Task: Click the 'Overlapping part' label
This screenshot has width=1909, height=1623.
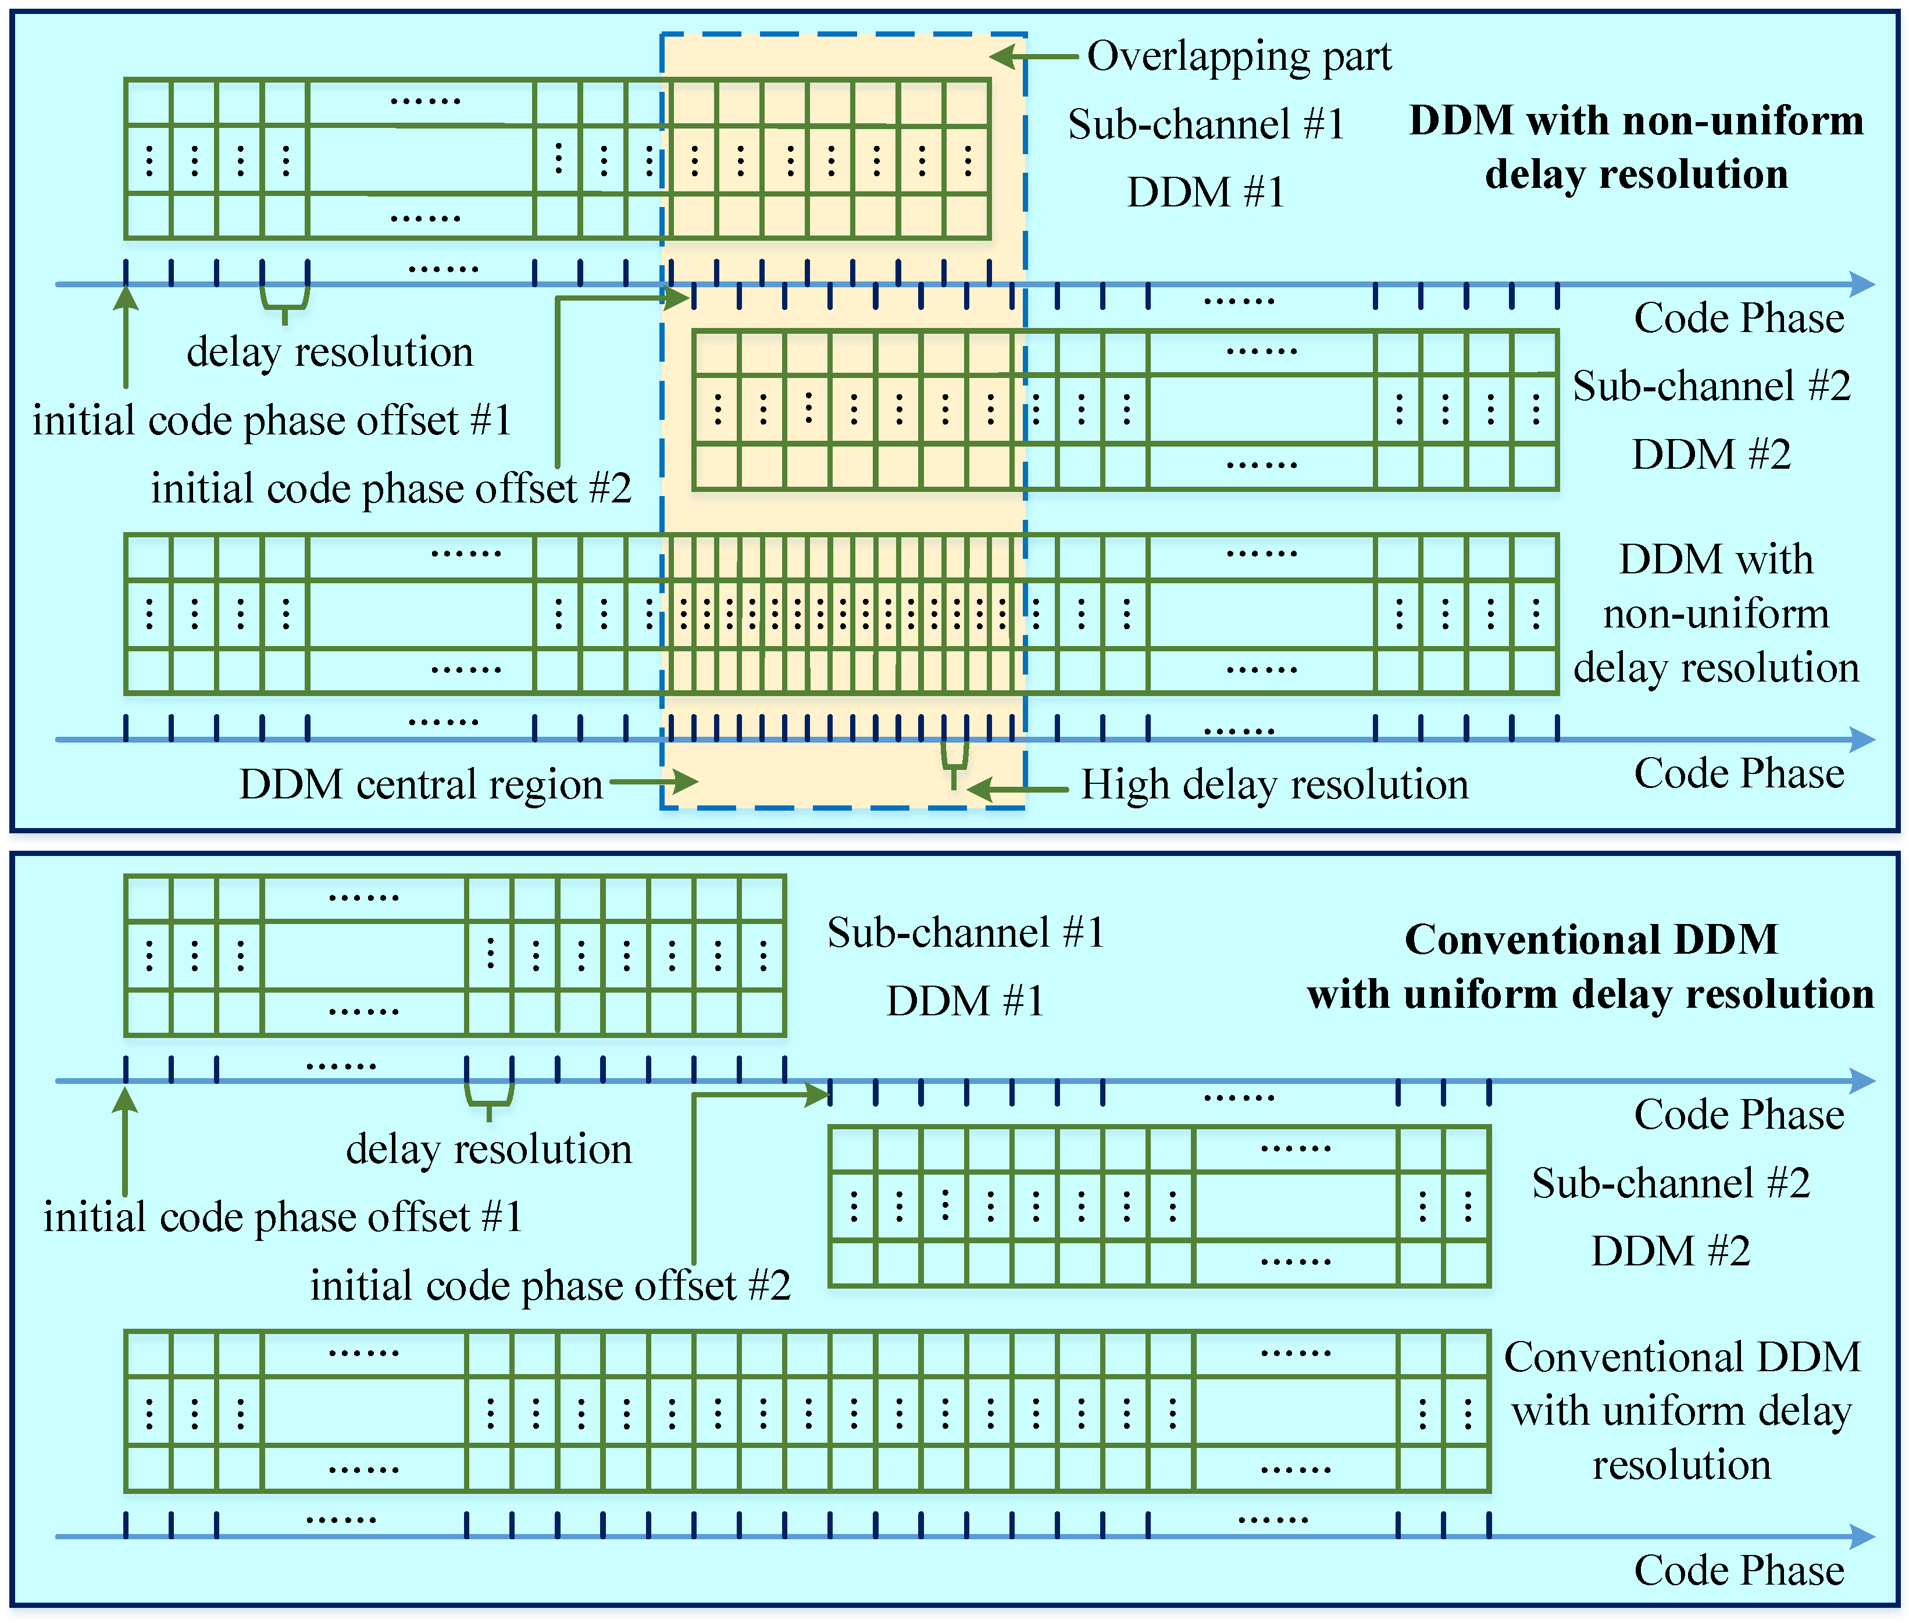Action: [1239, 56]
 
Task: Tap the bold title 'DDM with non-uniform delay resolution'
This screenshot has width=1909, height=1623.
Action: [1636, 147]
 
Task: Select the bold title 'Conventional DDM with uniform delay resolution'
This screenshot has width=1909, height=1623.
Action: [1591, 966]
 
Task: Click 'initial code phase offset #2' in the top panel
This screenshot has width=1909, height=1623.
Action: [391, 488]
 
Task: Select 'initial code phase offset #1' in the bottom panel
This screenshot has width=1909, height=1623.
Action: [283, 1217]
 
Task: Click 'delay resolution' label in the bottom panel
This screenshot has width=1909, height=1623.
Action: [488, 1149]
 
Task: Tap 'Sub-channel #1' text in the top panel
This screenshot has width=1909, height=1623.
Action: [1205, 124]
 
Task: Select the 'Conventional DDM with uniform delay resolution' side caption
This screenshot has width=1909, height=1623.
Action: [1681, 1411]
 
